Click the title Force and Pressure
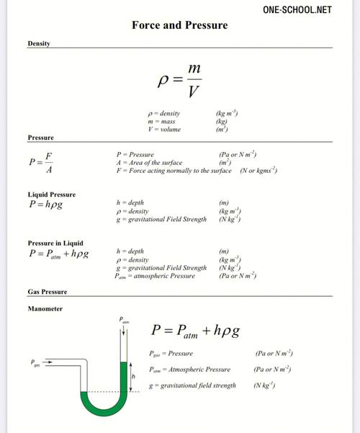(179, 26)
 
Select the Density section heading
(38, 45)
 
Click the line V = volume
(164, 130)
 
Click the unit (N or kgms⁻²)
(258, 171)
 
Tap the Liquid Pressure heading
(51, 195)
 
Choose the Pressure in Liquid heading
(55, 244)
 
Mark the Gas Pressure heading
(47, 292)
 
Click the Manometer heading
(45, 308)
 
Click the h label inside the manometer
(133, 375)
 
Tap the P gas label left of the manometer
(35, 364)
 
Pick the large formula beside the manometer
(194, 331)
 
